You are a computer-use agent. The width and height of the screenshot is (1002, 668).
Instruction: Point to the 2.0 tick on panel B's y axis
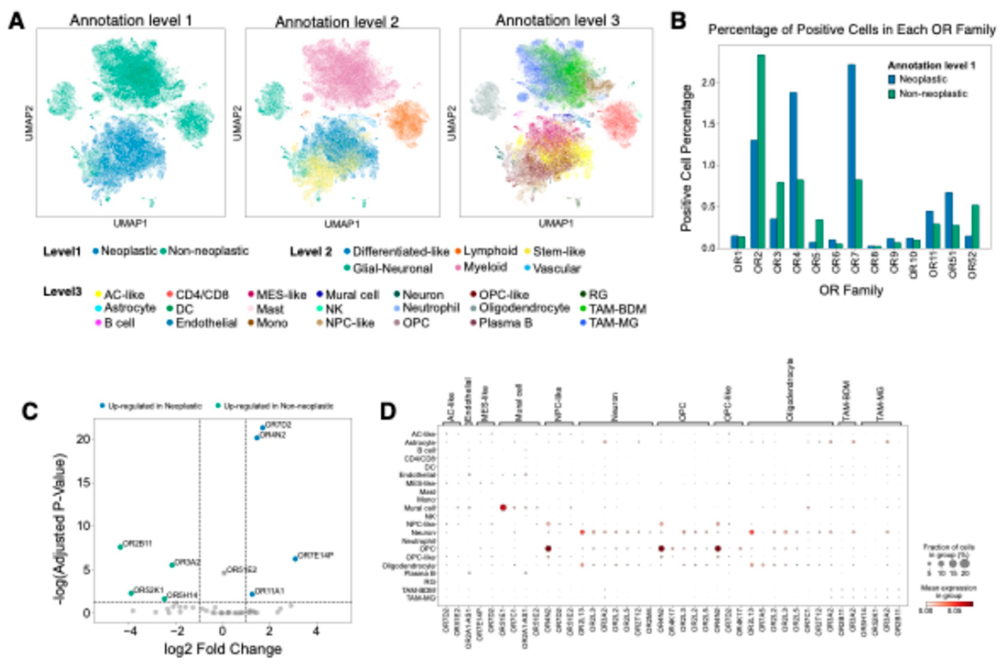(x=707, y=82)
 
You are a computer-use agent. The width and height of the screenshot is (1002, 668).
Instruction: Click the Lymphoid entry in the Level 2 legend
(x=490, y=251)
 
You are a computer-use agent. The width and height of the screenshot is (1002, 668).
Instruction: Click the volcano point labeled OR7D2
(x=263, y=428)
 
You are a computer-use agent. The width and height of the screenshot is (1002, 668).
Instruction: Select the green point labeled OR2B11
(x=120, y=547)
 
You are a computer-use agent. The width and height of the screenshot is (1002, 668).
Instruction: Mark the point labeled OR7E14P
(x=295, y=558)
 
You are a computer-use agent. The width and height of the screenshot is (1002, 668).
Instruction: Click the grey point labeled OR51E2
(x=224, y=573)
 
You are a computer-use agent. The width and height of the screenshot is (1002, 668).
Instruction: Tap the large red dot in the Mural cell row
(x=502, y=507)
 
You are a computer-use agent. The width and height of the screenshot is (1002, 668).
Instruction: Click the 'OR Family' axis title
(x=851, y=291)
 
